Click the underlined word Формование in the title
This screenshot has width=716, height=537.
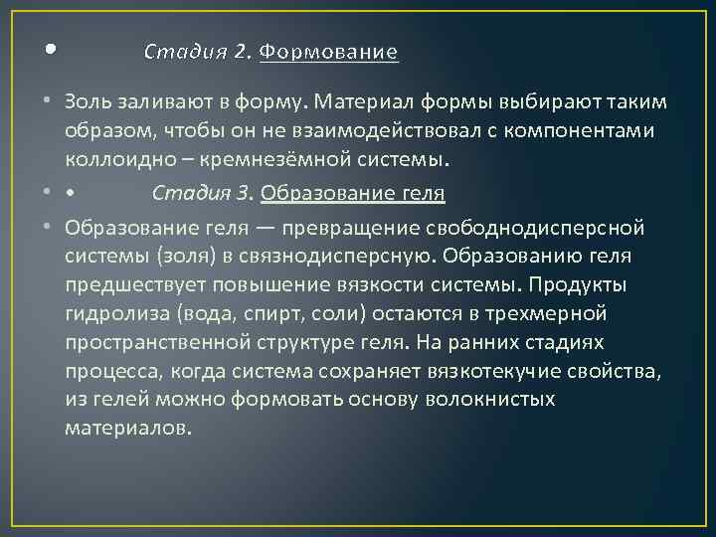click(328, 52)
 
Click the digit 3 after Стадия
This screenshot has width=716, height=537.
click(236, 192)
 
